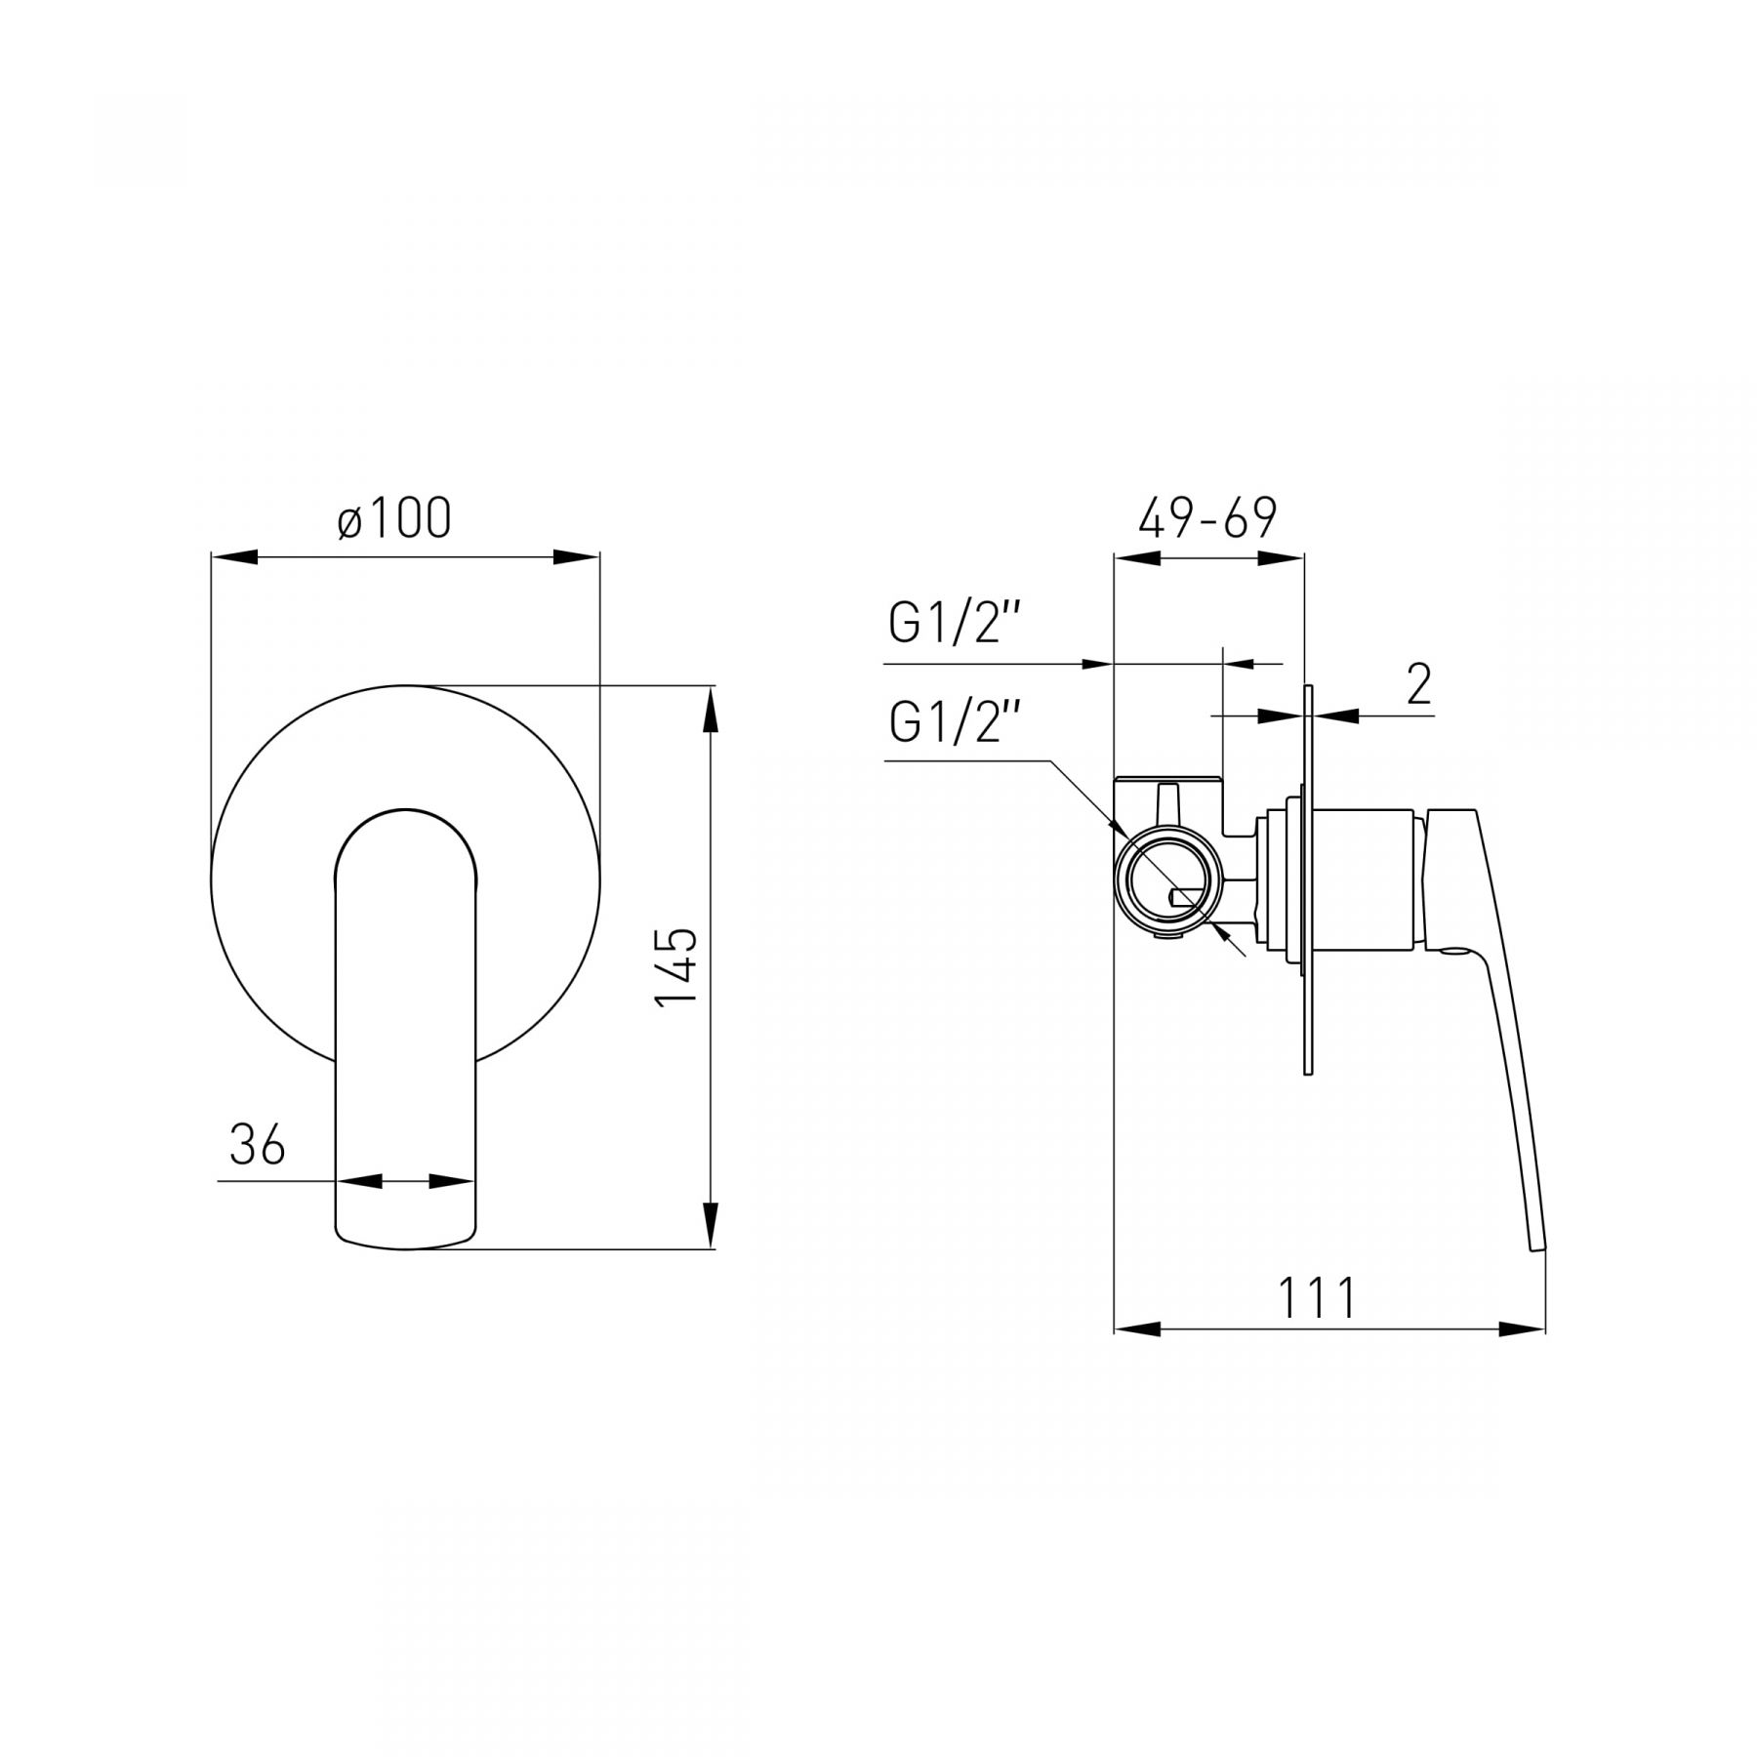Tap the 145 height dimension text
676,966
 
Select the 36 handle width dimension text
258,1144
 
